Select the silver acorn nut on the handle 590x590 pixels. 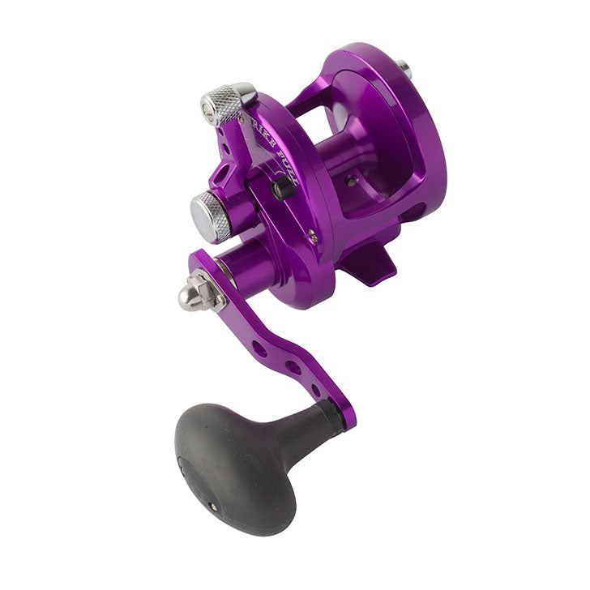[x=195, y=293]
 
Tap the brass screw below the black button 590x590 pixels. [x=312, y=236]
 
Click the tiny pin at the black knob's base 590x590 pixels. [x=213, y=505]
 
